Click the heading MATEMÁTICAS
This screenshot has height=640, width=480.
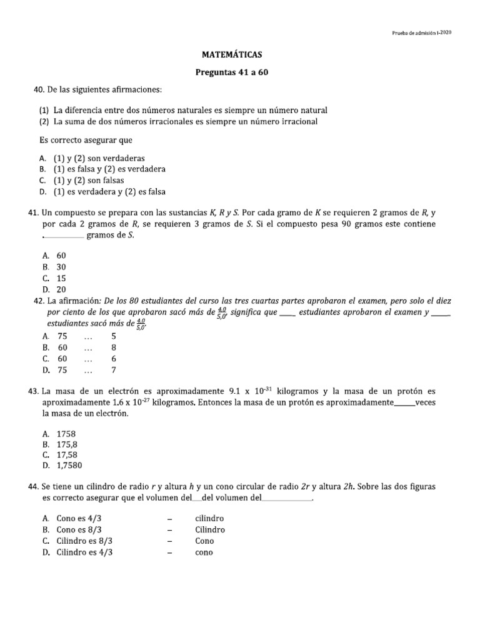(x=240, y=55)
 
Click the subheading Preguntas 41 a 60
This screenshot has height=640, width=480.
(x=240, y=72)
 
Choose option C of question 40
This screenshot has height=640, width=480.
(x=89, y=180)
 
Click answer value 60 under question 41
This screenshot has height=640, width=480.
(x=61, y=256)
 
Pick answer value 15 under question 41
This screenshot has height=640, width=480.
(x=61, y=278)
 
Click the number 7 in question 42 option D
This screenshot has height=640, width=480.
(x=114, y=369)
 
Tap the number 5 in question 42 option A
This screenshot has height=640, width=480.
(x=114, y=336)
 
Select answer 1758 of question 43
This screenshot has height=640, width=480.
(x=66, y=433)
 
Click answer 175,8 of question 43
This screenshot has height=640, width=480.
(x=67, y=444)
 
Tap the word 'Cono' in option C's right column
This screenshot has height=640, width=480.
(x=204, y=541)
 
